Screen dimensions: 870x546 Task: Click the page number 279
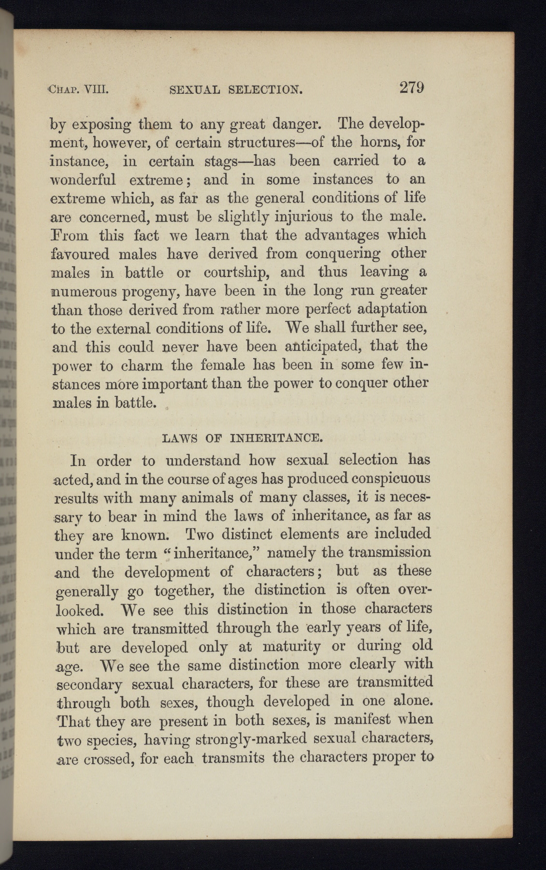[411, 87]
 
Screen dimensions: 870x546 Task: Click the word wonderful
[83, 180]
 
